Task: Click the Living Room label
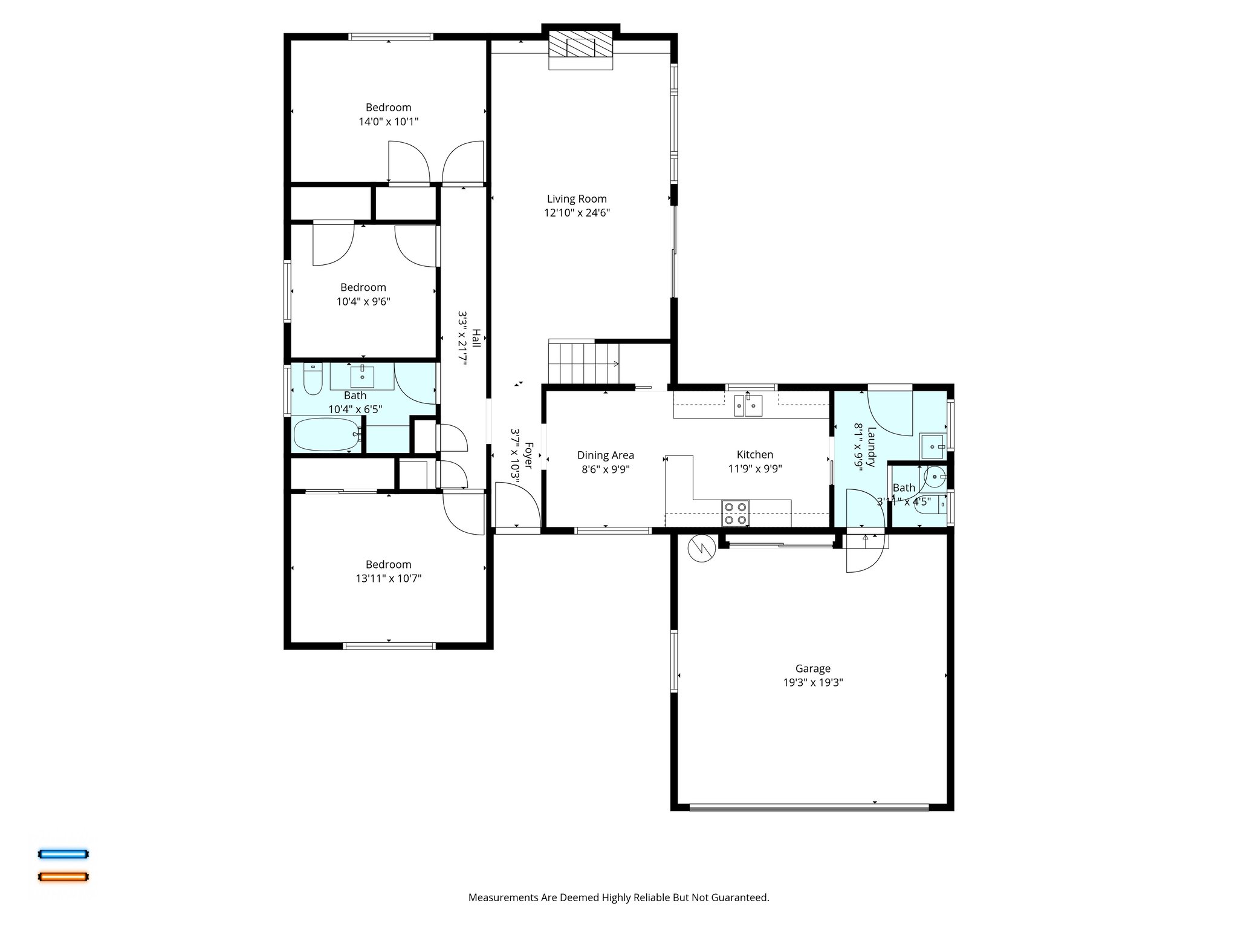pos(576,199)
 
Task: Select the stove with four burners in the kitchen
pos(735,513)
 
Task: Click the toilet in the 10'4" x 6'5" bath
pos(313,379)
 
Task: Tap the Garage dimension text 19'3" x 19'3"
pos(812,683)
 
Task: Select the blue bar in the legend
pos(63,854)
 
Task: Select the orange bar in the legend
pos(63,876)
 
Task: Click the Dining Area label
pos(605,455)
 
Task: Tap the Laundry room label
pos(871,447)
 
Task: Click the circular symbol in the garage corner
pos(701,548)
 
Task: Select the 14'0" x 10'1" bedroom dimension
pos(388,122)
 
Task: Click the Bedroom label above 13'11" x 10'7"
pos(388,564)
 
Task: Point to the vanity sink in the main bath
pos(362,376)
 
